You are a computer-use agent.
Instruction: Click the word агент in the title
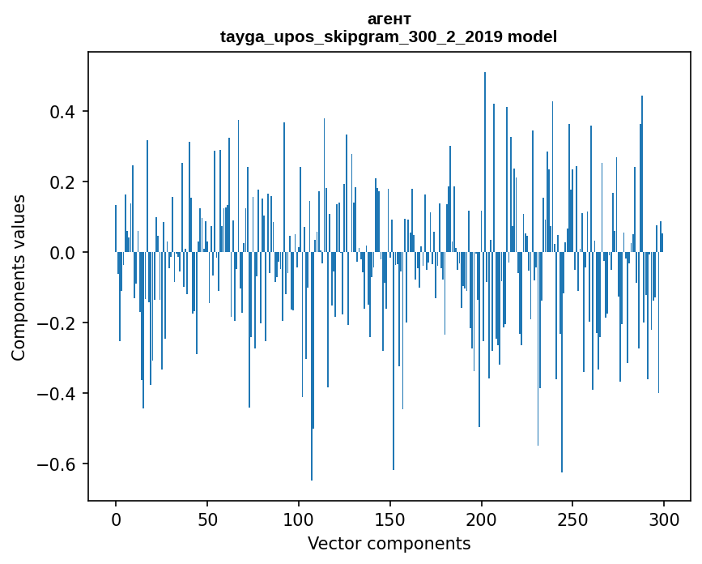coord(389,19)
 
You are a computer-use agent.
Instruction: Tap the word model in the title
coord(532,36)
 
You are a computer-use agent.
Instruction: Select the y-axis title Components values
coord(19,277)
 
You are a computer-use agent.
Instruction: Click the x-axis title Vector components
coord(389,543)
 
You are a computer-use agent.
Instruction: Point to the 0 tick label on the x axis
coord(116,518)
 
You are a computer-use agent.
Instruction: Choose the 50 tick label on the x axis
coord(207,518)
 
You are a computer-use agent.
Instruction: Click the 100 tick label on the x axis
coord(299,518)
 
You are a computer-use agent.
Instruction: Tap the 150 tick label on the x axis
coord(390,518)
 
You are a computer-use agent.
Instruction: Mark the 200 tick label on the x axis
coord(482,518)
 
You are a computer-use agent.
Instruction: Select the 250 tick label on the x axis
coord(573,518)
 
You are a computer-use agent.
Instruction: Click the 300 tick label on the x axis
coord(665,518)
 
